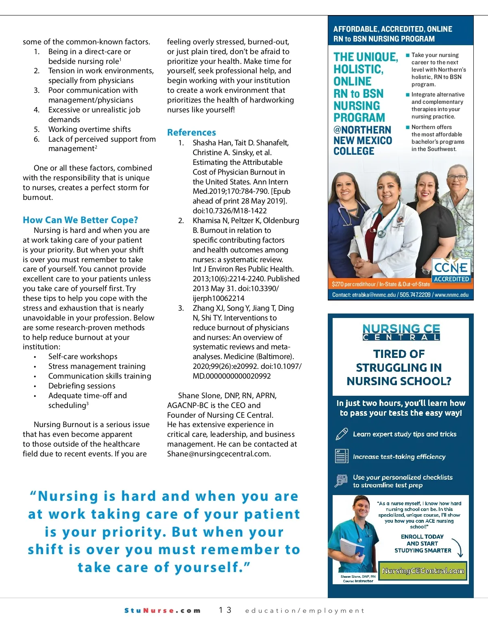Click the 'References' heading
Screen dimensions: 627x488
pos(192,132)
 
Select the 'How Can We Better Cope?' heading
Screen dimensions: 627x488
pos(80,220)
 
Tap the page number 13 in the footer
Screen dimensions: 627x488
pos(225,610)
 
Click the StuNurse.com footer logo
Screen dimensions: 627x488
pos(162,610)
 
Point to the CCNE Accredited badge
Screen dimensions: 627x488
pos(451,270)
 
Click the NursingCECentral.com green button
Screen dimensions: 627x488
pos(423,570)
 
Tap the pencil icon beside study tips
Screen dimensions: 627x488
pos(342,434)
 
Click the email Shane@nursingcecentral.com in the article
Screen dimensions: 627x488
pos(219,454)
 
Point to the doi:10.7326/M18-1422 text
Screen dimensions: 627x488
pos(230,210)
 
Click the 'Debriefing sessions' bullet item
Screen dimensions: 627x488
pos(82,386)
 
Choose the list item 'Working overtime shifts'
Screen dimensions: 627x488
pos(89,129)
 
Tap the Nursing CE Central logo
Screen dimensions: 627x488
pos(401,332)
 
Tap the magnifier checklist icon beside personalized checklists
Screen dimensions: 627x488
pos(341,481)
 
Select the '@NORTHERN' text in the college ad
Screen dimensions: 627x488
pos(362,130)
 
